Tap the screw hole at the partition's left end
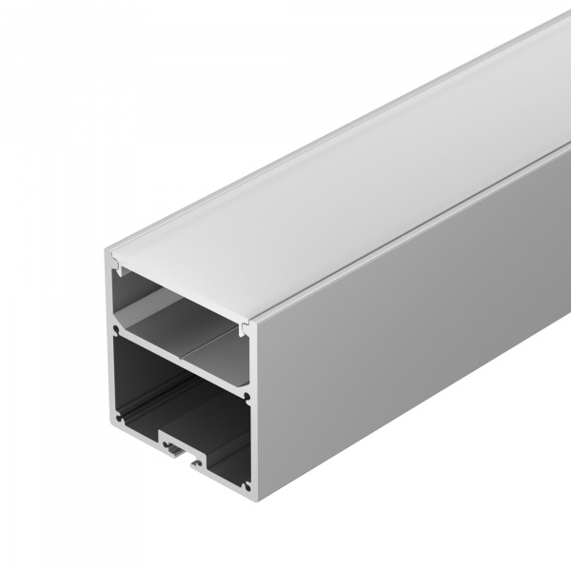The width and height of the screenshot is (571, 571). pyautogui.click(x=116, y=333)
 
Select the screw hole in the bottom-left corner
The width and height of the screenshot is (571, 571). pyautogui.click(x=118, y=416)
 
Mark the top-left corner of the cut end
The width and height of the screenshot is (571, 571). pyautogui.click(x=107, y=249)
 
